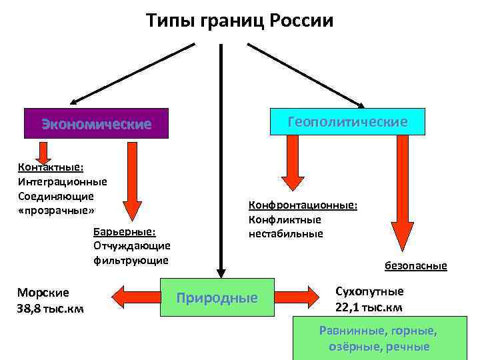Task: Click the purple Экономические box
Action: (x=97, y=124)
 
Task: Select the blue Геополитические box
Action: (x=347, y=122)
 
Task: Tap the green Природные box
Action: (x=217, y=297)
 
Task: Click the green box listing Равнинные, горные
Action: (x=378, y=338)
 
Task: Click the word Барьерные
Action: (x=125, y=231)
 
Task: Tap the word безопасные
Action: (x=415, y=265)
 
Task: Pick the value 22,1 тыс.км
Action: (x=369, y=307)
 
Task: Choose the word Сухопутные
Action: (x=369, y=291)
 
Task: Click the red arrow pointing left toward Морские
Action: (x=136, y=293)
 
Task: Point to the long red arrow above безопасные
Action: (x=402, y=193)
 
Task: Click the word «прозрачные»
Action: (x=55, y=210)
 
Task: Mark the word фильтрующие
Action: (x=131, y=259)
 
